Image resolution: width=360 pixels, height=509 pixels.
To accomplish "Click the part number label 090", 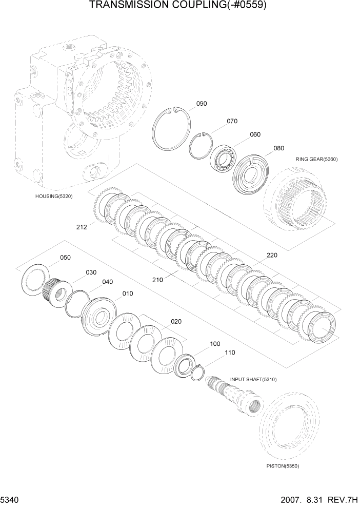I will point(202,104).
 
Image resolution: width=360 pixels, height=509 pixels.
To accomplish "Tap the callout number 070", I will point(232,122).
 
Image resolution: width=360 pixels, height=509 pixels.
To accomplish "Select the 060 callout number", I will point(255,134).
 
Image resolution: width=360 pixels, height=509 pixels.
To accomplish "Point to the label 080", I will point(278,148).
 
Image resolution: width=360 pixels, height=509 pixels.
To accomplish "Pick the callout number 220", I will point(271,255).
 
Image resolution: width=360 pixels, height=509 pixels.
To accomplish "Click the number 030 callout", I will point(91,272).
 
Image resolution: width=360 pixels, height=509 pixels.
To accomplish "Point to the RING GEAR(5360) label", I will point(316,159).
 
